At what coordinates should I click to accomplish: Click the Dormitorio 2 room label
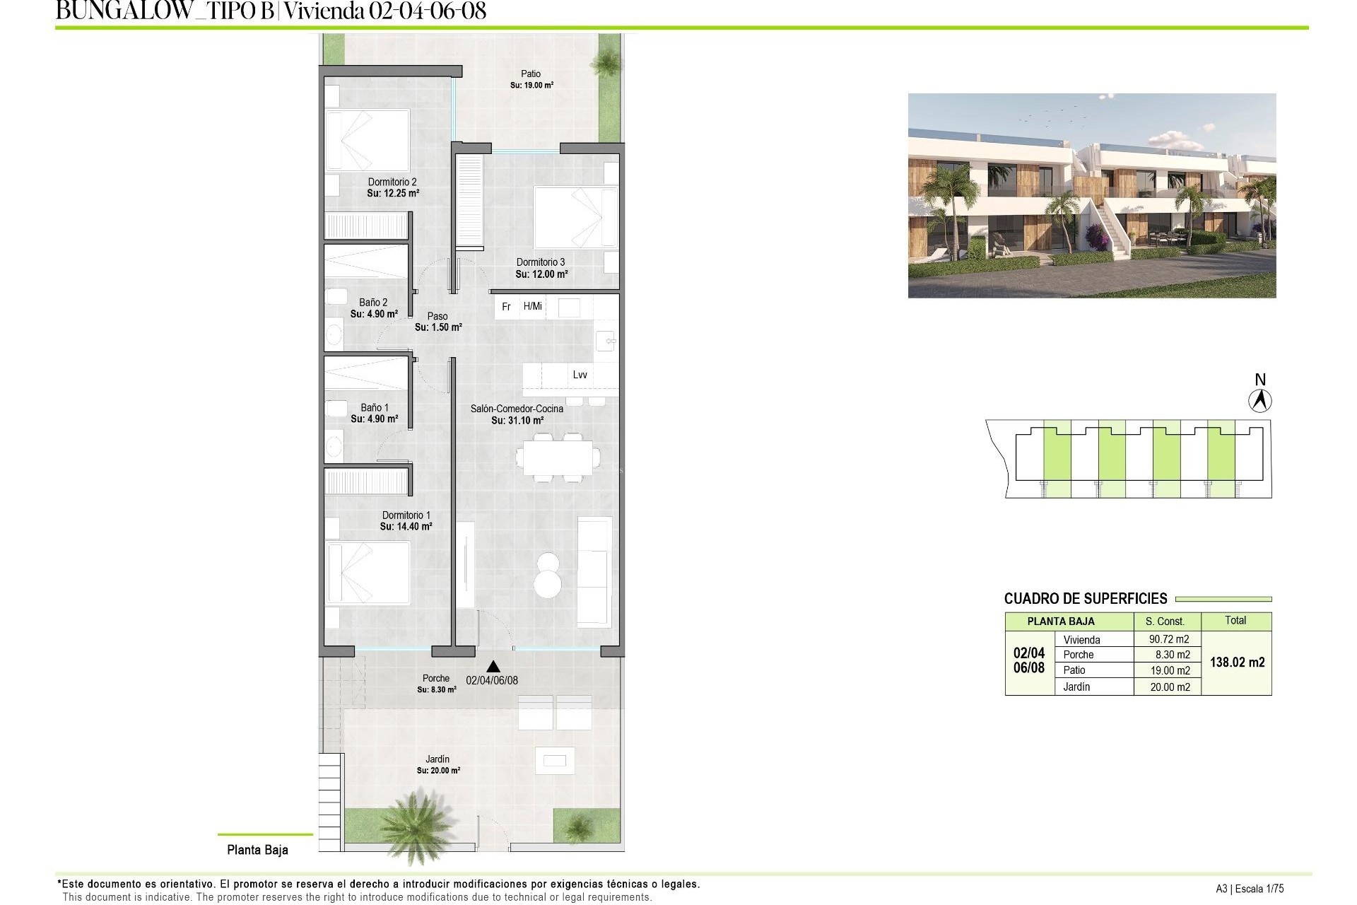[x=392, y=182]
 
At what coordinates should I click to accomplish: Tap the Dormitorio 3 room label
[x=541, y=262]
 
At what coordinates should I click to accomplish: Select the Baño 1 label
[x=375, y=408]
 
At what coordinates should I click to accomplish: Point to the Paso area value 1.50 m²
[x=438, y=327]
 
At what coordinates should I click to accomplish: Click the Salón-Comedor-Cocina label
[x=517, y=409]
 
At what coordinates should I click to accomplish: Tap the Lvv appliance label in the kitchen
[x=580, y=375]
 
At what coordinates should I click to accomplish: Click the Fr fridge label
[x=506, y=307]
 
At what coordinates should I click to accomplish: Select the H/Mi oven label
[x=533, y=306]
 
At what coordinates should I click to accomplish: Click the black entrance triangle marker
[x=493, y=666]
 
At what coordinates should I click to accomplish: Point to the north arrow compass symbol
[x=1259, y=401]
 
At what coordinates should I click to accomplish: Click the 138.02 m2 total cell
[x=1237, y=662]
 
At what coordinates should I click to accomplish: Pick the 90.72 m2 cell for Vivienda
[x=1169, y=639]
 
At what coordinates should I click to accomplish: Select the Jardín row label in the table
[x=1076, y=687]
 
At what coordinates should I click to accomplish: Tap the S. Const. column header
[x=1165, y=621]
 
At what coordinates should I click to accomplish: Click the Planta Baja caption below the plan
[x=257, y=850]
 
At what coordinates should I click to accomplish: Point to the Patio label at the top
[x=531, y=74]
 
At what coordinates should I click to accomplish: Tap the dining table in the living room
[x=556, y=458]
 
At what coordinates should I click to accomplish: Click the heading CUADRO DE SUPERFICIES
[x=1086, y=599]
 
